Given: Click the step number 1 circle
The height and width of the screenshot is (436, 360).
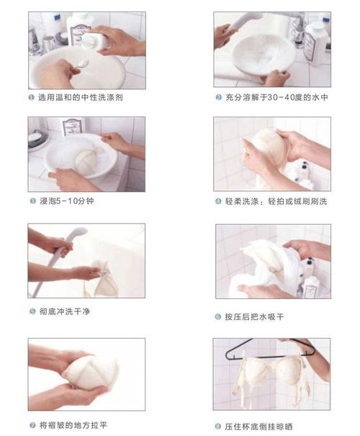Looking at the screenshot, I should click(x=32, y=96).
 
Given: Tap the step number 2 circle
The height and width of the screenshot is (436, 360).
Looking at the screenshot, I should click(x=218, y=97).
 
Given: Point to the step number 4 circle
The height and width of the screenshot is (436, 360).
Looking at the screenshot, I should click(x=218, y=202).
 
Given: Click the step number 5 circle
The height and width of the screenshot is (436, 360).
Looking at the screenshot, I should click(x=32, y=312).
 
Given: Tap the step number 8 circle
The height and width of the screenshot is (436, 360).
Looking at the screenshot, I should click(x=218, y=426).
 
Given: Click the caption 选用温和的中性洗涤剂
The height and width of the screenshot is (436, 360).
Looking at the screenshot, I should click(x=78, y=96).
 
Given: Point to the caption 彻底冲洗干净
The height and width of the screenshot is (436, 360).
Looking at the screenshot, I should click(x=68, y=312).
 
